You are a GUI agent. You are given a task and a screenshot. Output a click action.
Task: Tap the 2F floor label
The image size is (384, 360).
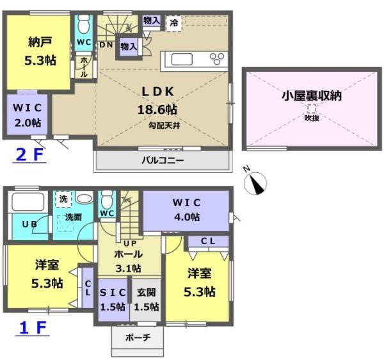(x=29, y=155)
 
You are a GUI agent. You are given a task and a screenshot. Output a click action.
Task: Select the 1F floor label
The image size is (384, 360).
(x=33, y=328)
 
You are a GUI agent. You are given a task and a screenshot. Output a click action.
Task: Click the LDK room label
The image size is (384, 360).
(x=158, y=92)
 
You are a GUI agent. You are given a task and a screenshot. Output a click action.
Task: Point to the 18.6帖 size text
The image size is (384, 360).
(x=157, y=110)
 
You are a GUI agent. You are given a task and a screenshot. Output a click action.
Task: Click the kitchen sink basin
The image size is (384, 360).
(x=182, y=60)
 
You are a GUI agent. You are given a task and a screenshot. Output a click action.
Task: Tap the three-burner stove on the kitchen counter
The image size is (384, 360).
(x=217, y=59)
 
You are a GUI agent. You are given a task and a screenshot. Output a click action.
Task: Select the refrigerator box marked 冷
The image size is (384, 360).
(x=174, y=24)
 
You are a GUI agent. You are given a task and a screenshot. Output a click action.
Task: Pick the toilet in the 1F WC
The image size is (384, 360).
(x=107, y=199)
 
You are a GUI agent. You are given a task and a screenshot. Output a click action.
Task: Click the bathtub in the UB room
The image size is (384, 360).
(x=28, y=202)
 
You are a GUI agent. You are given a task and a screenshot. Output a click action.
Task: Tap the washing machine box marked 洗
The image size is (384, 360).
(x=63, y=199)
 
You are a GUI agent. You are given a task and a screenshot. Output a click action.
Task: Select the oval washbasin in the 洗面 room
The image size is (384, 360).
(x=84, y=197)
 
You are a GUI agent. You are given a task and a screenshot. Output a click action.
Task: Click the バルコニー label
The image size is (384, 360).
(x=163, y=161)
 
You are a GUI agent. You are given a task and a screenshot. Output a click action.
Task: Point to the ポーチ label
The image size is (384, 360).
(x=138, y=338)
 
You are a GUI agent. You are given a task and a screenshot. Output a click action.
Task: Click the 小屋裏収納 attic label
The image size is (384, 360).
(x=312, y=96)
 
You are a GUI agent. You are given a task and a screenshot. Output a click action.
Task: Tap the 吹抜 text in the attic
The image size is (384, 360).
(x=312, y=118)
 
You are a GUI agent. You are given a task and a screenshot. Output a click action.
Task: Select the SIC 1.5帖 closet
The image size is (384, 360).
(x=113, y=300)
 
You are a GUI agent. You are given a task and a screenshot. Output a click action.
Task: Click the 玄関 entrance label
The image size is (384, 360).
(x=146, y=292)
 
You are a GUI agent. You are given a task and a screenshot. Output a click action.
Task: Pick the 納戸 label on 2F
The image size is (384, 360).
(x=40, y=42)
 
